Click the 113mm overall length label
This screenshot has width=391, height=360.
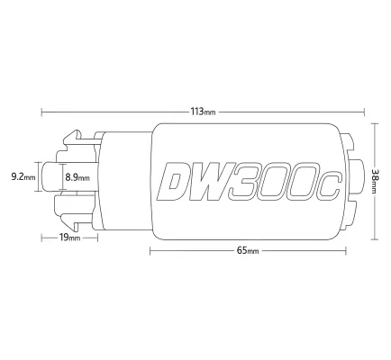pos(203,113)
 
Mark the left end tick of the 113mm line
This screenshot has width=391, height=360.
pos(42,113)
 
